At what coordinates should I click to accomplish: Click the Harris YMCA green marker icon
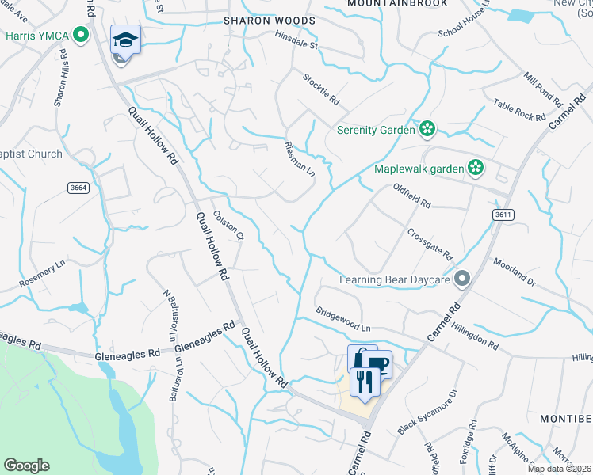point(80,35)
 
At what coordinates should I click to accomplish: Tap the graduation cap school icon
point(125,39)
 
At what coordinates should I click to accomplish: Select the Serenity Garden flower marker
point(427,129)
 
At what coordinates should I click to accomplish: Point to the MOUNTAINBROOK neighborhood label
point(397,3)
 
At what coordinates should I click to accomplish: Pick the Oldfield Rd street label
point(411,195)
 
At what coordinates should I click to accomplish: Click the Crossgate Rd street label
point(429,245)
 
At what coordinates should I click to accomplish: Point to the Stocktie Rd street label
point(321,89)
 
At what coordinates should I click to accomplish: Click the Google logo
point(26,465)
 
